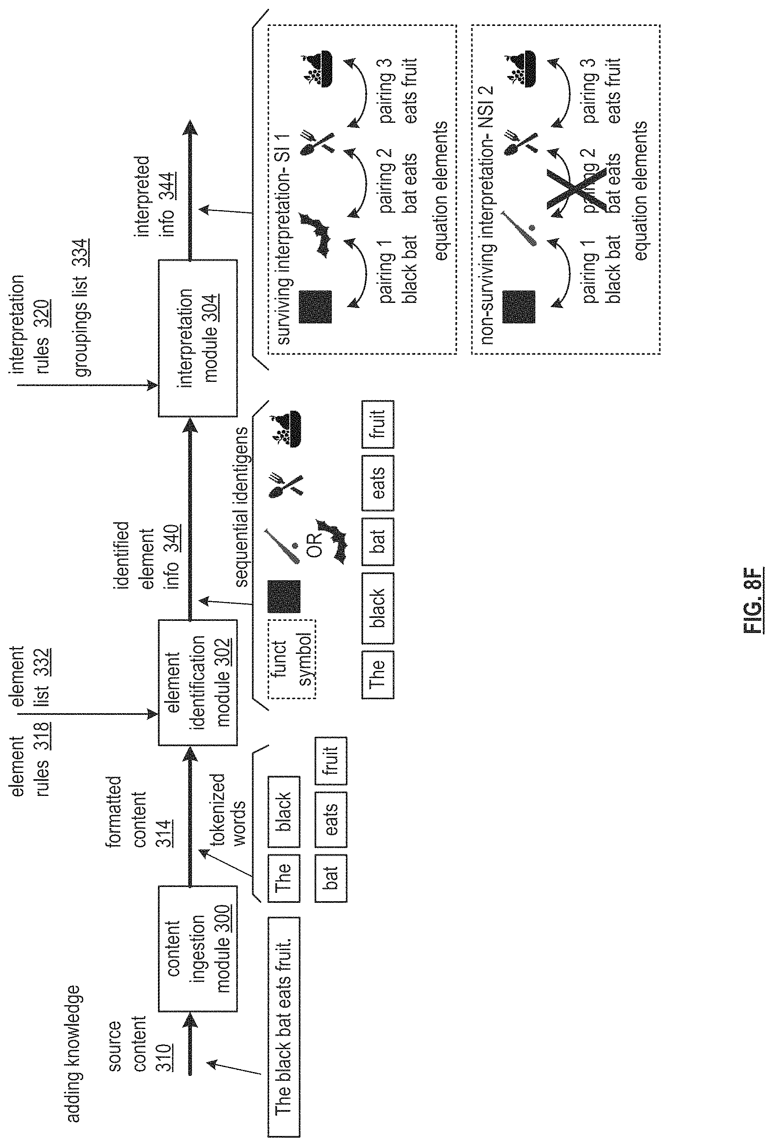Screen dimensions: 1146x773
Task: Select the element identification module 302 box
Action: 197,682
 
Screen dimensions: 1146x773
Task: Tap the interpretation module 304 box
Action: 197,338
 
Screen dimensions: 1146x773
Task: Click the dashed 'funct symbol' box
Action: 292,658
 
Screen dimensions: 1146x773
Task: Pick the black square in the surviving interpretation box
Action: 315,307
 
